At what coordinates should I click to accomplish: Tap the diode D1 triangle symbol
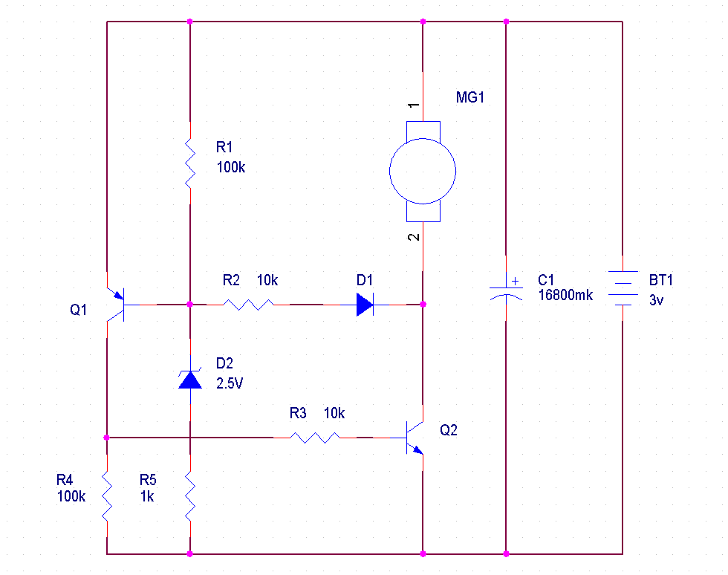[364, 304]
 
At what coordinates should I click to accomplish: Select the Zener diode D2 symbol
[190, 380]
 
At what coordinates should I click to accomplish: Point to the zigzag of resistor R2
[249, 304]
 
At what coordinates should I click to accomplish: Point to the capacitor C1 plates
[506, 290]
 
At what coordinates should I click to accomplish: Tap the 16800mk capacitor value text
[565, 296]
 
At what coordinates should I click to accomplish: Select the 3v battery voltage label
[657, 300]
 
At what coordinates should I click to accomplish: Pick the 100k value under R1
[230, 167]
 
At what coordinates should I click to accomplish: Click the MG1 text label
[470, 97]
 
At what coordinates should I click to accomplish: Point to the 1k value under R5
[147, 497]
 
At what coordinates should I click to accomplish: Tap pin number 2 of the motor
[415, 238]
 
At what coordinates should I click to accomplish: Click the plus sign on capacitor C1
[513, 282]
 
